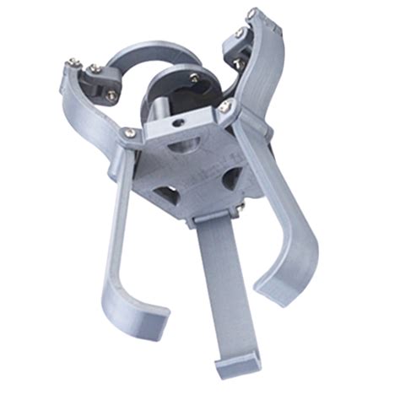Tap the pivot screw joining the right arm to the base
224,106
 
